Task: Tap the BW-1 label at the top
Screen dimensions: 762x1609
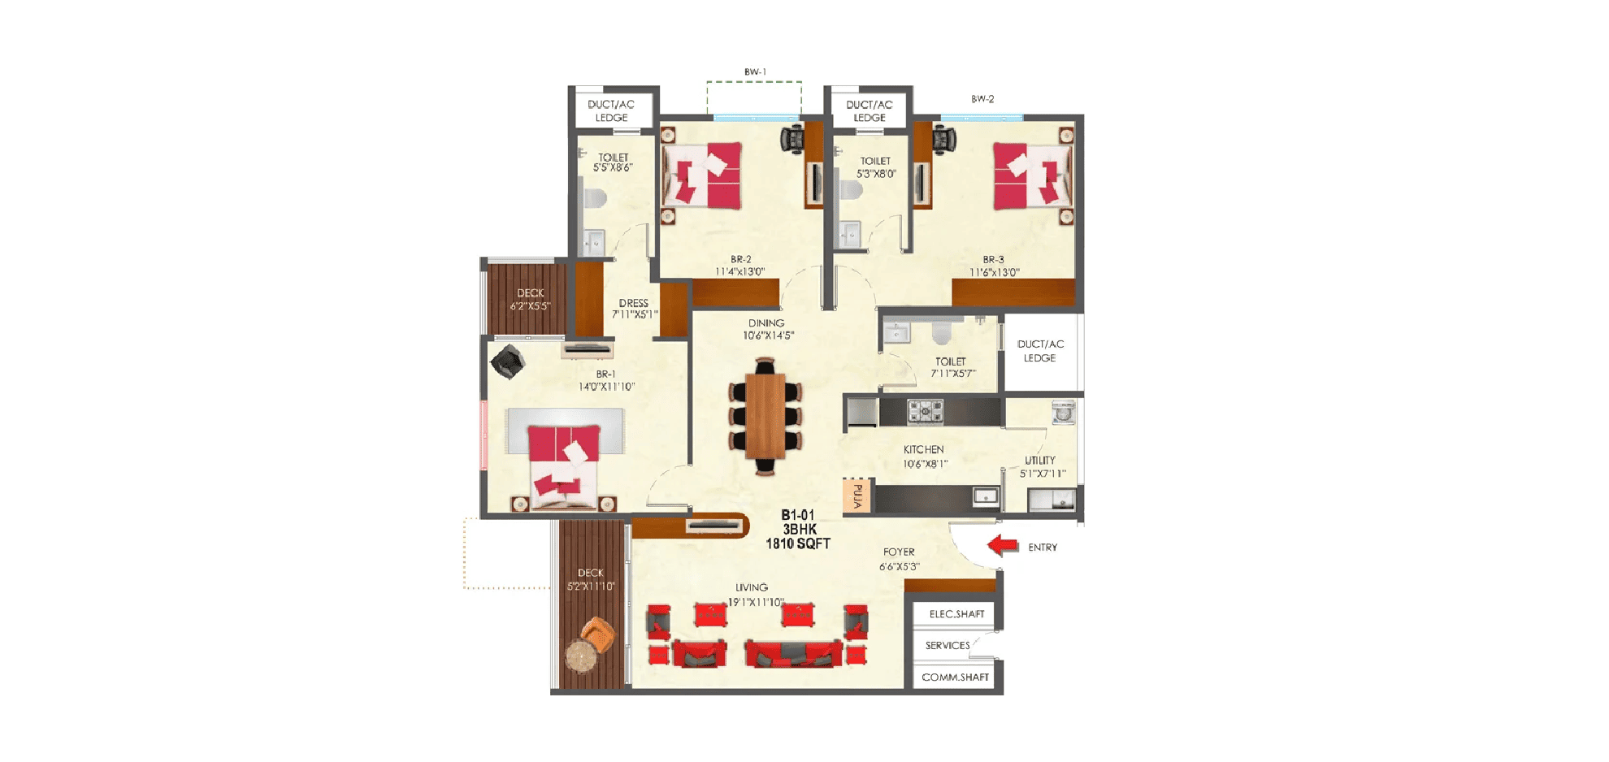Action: click(755, 72)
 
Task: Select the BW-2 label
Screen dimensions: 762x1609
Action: click(982, 99)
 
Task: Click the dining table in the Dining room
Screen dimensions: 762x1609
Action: click(765, 416)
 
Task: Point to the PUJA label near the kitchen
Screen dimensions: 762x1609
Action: click(857, 496)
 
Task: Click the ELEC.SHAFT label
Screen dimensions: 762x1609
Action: click(956, 614)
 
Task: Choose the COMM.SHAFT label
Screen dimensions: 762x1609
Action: click(955, 677)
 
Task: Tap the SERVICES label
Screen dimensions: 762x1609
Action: click(947, 646)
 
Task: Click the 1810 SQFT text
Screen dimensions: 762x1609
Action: click(797, 543)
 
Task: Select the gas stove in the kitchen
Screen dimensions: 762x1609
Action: click(925, 411)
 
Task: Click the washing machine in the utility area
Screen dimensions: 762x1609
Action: click(1063, 413)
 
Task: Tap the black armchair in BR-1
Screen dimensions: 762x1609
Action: click(507, 362)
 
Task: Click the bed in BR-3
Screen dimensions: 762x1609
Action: click(1030, 176)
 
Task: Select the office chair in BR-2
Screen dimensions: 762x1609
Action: click(792, 138)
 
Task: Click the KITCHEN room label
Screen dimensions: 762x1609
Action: click(923, 449)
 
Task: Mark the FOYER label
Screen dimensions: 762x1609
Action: click(899, 552)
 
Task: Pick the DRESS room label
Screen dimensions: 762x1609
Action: click(633, 303)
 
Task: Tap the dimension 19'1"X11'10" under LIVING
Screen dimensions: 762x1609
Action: click(756, 602)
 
